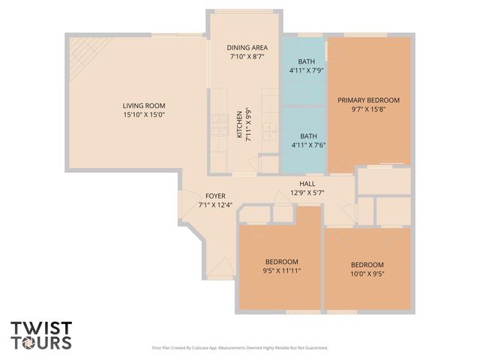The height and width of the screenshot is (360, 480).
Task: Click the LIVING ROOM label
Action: pyautogui.click(x=144, y=106)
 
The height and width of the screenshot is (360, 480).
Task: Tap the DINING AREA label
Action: pyautogui.click(x=247, y=47)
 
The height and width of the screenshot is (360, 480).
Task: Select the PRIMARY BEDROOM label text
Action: pyautogui.click(x=368, y=100)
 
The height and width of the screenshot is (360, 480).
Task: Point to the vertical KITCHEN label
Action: pyautogui.click(x=239, y=125)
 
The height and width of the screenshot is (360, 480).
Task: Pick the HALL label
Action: pyautogui.click(x=307, y=183)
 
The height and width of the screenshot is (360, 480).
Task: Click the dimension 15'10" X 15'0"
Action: pyautogui.click(x=144, y=115)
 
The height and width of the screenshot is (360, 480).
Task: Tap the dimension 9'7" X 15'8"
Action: pyautogui.click(x=368, y=109)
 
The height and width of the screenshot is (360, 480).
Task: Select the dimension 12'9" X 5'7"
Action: pyautogui.click(x=307, y=192)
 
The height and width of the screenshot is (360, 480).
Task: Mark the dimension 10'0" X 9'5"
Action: pyautogui.click(x=367, y=274)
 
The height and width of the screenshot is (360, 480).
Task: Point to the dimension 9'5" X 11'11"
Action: pyautogui.click(x=281, y=271)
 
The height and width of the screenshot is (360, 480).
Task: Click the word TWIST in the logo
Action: pyautogui.click(x=41, y=328)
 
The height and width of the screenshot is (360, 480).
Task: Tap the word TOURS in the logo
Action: pyautogui.click(x=41, y=343)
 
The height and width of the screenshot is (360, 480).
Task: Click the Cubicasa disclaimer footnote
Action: pyautogui.click(x=239, y=348)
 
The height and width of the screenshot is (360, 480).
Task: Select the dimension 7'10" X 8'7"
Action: pyautogui.click(x=247, y=56)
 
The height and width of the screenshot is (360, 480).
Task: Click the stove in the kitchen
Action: pyautogui.click(x=218, y=119)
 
